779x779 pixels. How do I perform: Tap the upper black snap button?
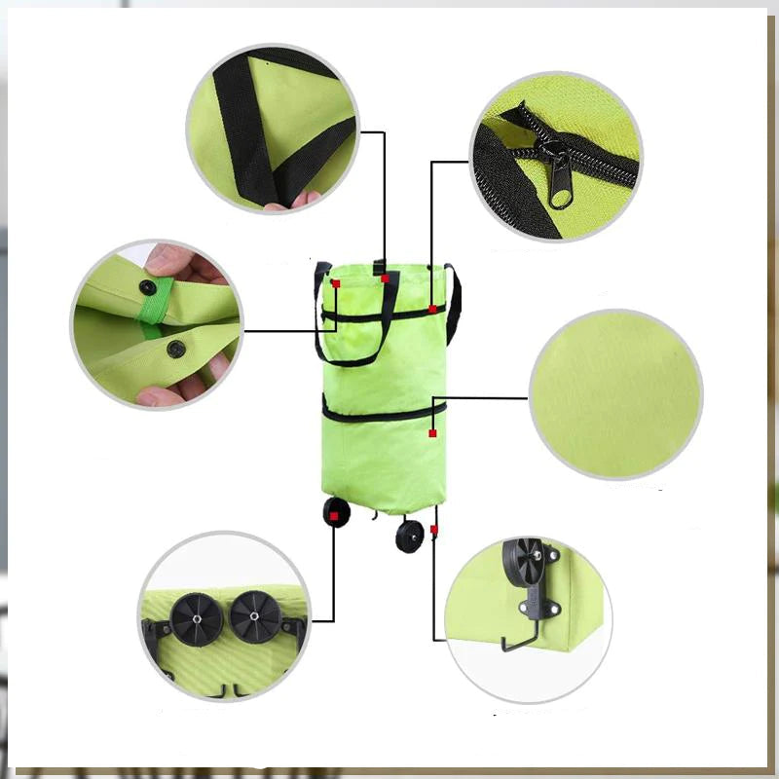click(148, 287)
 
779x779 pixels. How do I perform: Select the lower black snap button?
click(175, 349)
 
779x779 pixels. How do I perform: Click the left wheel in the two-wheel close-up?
click(191, 618)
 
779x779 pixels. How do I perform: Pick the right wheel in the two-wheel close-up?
click(252, 617)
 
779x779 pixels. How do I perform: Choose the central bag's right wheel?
click(410, 536)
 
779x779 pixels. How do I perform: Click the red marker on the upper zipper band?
click(432, 310)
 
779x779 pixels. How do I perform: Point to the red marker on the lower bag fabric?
click(432, 432)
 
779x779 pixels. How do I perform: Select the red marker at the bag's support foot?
click(434, 529)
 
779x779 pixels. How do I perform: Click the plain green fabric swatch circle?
click(614, 393)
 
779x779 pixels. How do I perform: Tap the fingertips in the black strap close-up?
click(292, 201)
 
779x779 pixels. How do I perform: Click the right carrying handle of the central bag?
click(453, 302)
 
